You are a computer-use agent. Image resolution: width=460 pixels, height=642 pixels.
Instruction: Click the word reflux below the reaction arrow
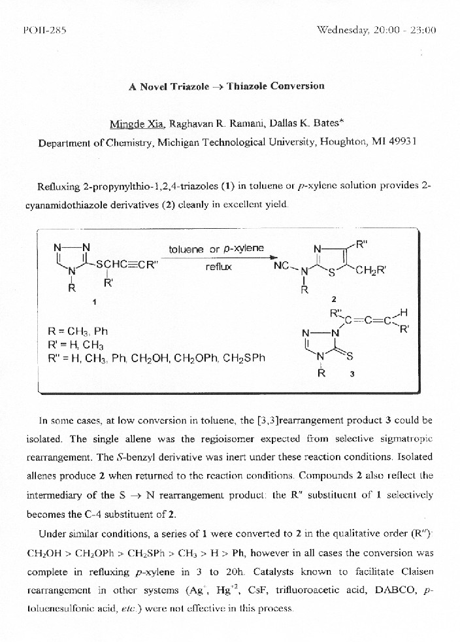218,267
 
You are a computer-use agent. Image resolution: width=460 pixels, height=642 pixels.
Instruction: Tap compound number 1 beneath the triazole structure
95,302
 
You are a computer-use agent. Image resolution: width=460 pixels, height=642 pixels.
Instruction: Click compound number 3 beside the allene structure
352,375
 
